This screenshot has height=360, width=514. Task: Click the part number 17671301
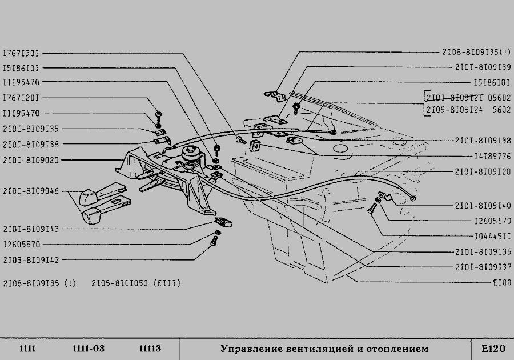point(21,53)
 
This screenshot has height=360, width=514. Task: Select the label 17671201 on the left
point(21,98)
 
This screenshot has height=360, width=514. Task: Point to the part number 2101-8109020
point(30,160)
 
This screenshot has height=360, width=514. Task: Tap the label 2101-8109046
point(30,191)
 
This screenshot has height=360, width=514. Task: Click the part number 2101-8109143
point(30,229)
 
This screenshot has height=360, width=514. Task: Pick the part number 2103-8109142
point(30,259)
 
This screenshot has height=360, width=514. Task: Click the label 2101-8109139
point(483,67)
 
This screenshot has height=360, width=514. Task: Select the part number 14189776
point(492,155)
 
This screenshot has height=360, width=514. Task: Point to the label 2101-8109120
point(483,171)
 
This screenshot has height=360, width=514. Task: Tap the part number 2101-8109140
point(483,205)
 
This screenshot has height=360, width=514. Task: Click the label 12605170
point(492,220)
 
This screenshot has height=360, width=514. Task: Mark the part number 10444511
point(492,235)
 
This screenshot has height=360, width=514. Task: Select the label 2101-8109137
point(483,266)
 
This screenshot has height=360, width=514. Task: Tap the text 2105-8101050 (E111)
point(136,283)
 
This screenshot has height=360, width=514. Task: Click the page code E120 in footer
point(493,349)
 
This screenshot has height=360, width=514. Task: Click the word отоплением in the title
point(398,349)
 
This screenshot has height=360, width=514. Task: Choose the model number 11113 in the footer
point(150,349)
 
